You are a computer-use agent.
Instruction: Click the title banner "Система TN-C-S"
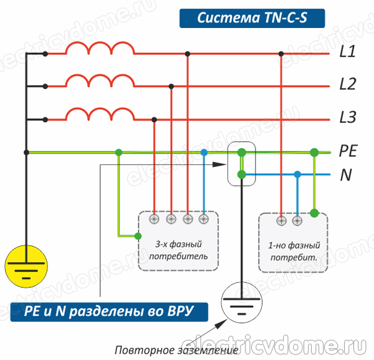pos(251,18)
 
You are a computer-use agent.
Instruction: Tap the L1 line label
pos(347,54)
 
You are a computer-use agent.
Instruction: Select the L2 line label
pos(347,84)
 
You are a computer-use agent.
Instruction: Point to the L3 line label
pos(347,116)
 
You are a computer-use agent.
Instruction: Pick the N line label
pos(345,175)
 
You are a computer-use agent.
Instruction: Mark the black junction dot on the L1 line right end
pos(282,54)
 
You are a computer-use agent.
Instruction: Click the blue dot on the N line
pos(297,175)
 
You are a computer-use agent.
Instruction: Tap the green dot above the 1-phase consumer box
pos(314,214)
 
